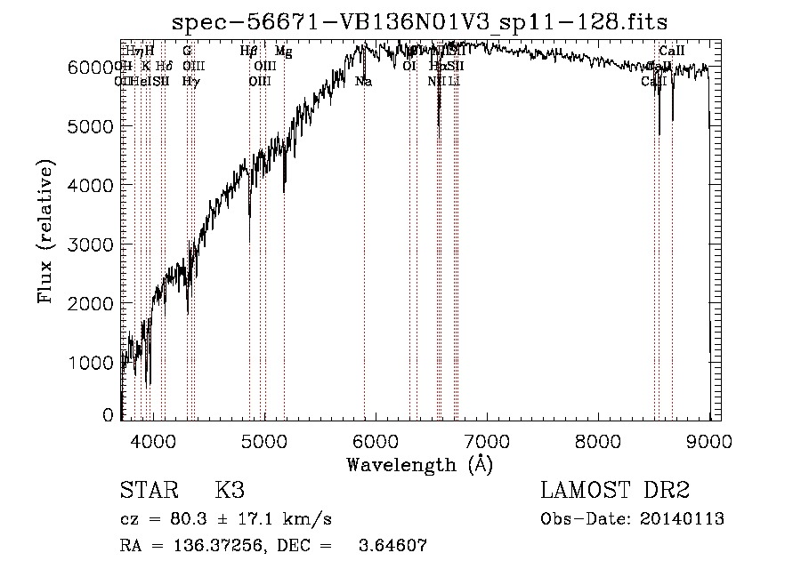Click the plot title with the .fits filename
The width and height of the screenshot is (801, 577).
point(419,20)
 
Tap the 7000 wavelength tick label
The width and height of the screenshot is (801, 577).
point(487,439)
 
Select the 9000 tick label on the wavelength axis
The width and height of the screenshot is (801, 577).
point(709,439)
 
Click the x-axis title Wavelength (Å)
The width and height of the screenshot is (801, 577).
point(419,464)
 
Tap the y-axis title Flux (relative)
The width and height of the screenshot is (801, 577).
point(45,232)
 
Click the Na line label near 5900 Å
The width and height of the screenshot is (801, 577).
point(363,82)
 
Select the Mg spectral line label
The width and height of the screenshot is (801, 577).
point(283,52)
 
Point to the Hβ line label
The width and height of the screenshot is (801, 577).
point(249,52)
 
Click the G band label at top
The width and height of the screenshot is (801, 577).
point(187,52)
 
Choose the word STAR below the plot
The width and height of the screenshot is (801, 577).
point(147,491)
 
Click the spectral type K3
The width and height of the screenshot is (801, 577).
point(229,491)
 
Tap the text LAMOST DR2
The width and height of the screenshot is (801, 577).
point(615,491)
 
